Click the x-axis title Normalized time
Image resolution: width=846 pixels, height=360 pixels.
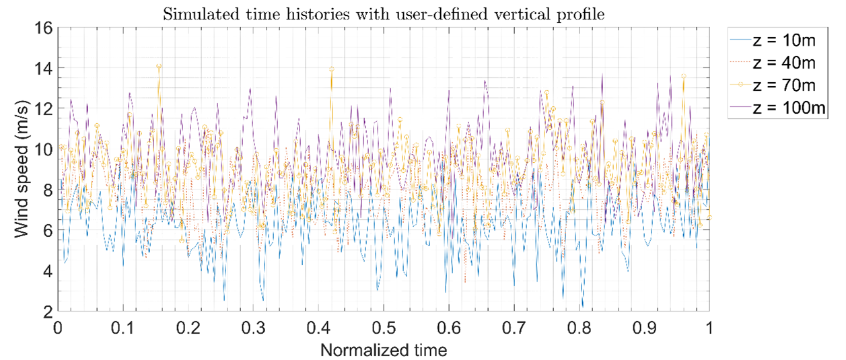(383, 350)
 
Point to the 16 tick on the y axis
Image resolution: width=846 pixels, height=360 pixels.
(44, 28)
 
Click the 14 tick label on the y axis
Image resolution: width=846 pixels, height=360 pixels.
(44, 68)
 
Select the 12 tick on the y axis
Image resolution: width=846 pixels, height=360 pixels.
(44, 108)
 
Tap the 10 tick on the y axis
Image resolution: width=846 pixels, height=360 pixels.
(44, 149)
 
